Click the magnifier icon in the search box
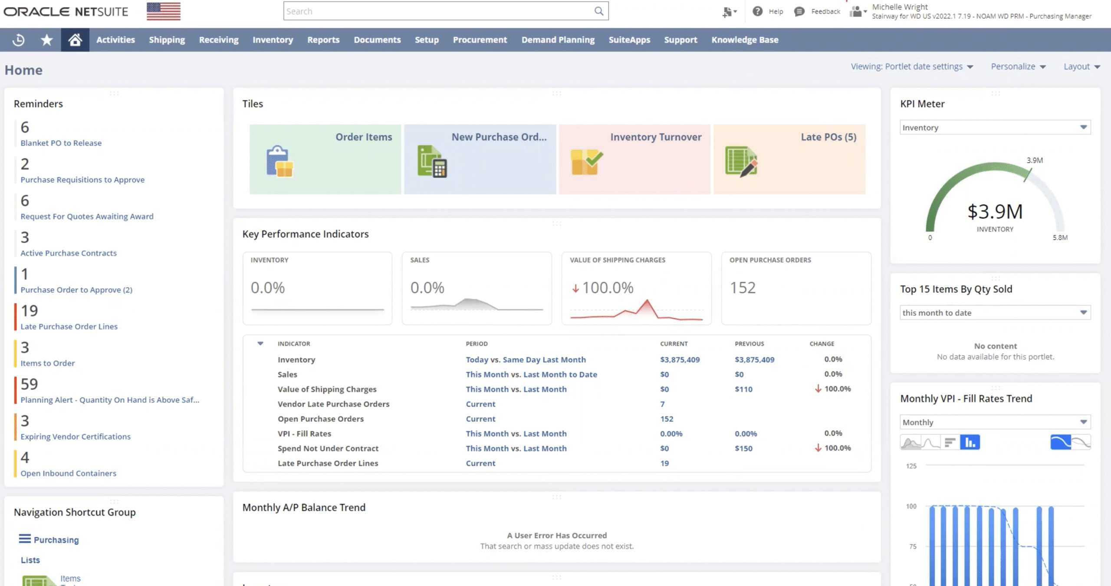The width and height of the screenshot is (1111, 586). coord(598,11)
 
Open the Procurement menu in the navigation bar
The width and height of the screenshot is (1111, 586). coord(480,40)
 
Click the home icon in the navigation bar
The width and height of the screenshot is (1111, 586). coord(75,40)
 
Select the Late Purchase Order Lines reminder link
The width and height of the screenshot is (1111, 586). coord(69,326)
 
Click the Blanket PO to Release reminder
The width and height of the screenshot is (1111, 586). coord(61,143)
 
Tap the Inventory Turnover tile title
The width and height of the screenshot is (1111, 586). coord(655,137)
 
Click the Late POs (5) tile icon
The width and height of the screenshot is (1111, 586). coord(741,161)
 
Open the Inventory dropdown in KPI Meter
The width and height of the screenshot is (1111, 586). coord(995,128)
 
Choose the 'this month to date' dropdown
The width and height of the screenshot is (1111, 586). coord(995,313)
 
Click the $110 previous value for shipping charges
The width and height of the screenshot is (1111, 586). coord(743,389)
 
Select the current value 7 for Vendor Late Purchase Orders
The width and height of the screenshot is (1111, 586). coord(662,404)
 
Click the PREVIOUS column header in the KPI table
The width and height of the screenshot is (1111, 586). coord(749,344)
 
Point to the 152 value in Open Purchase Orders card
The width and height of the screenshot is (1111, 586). coord(743,288)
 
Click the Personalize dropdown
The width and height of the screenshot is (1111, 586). coord(1018,67)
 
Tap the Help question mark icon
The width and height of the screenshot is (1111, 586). coord(757,12)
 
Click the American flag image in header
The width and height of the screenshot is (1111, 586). coord(163,12)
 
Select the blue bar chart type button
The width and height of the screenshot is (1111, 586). coord(970,442)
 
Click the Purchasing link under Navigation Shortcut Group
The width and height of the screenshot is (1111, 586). coord(56,540)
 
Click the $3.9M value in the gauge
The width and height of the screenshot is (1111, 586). coord(995,212)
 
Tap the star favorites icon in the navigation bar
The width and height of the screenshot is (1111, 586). coord(46,40)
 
